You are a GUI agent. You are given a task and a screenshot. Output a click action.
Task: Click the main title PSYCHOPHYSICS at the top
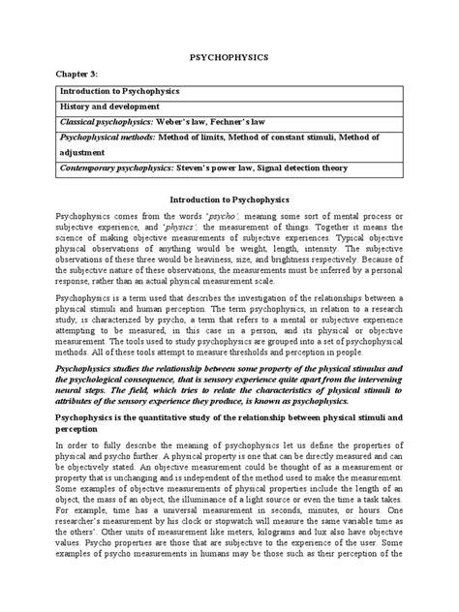(229, 58)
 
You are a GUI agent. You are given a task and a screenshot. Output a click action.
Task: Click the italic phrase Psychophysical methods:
(105, 139)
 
